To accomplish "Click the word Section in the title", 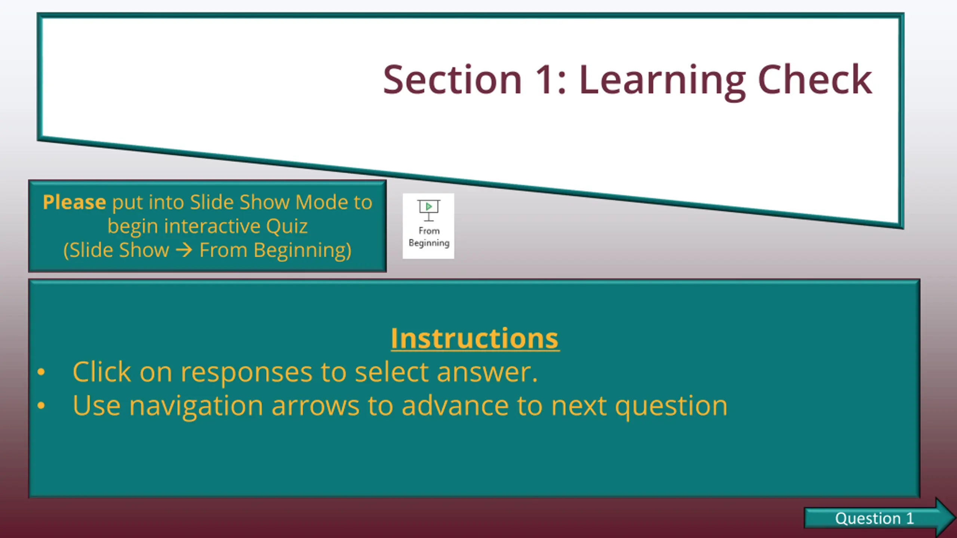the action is (452, 79).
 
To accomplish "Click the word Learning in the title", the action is (662, 82).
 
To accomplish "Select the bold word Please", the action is (74, 202).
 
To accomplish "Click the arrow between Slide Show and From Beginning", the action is (184, 250).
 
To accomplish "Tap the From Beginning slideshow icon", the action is (428, 226).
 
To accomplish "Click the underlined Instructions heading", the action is (475, 338).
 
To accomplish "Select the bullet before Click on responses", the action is (41, 372).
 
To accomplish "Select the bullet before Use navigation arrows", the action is (41, 405).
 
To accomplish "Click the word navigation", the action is (196, 407).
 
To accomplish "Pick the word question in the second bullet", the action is (671, 407).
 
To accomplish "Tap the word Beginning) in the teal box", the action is (302, 250).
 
